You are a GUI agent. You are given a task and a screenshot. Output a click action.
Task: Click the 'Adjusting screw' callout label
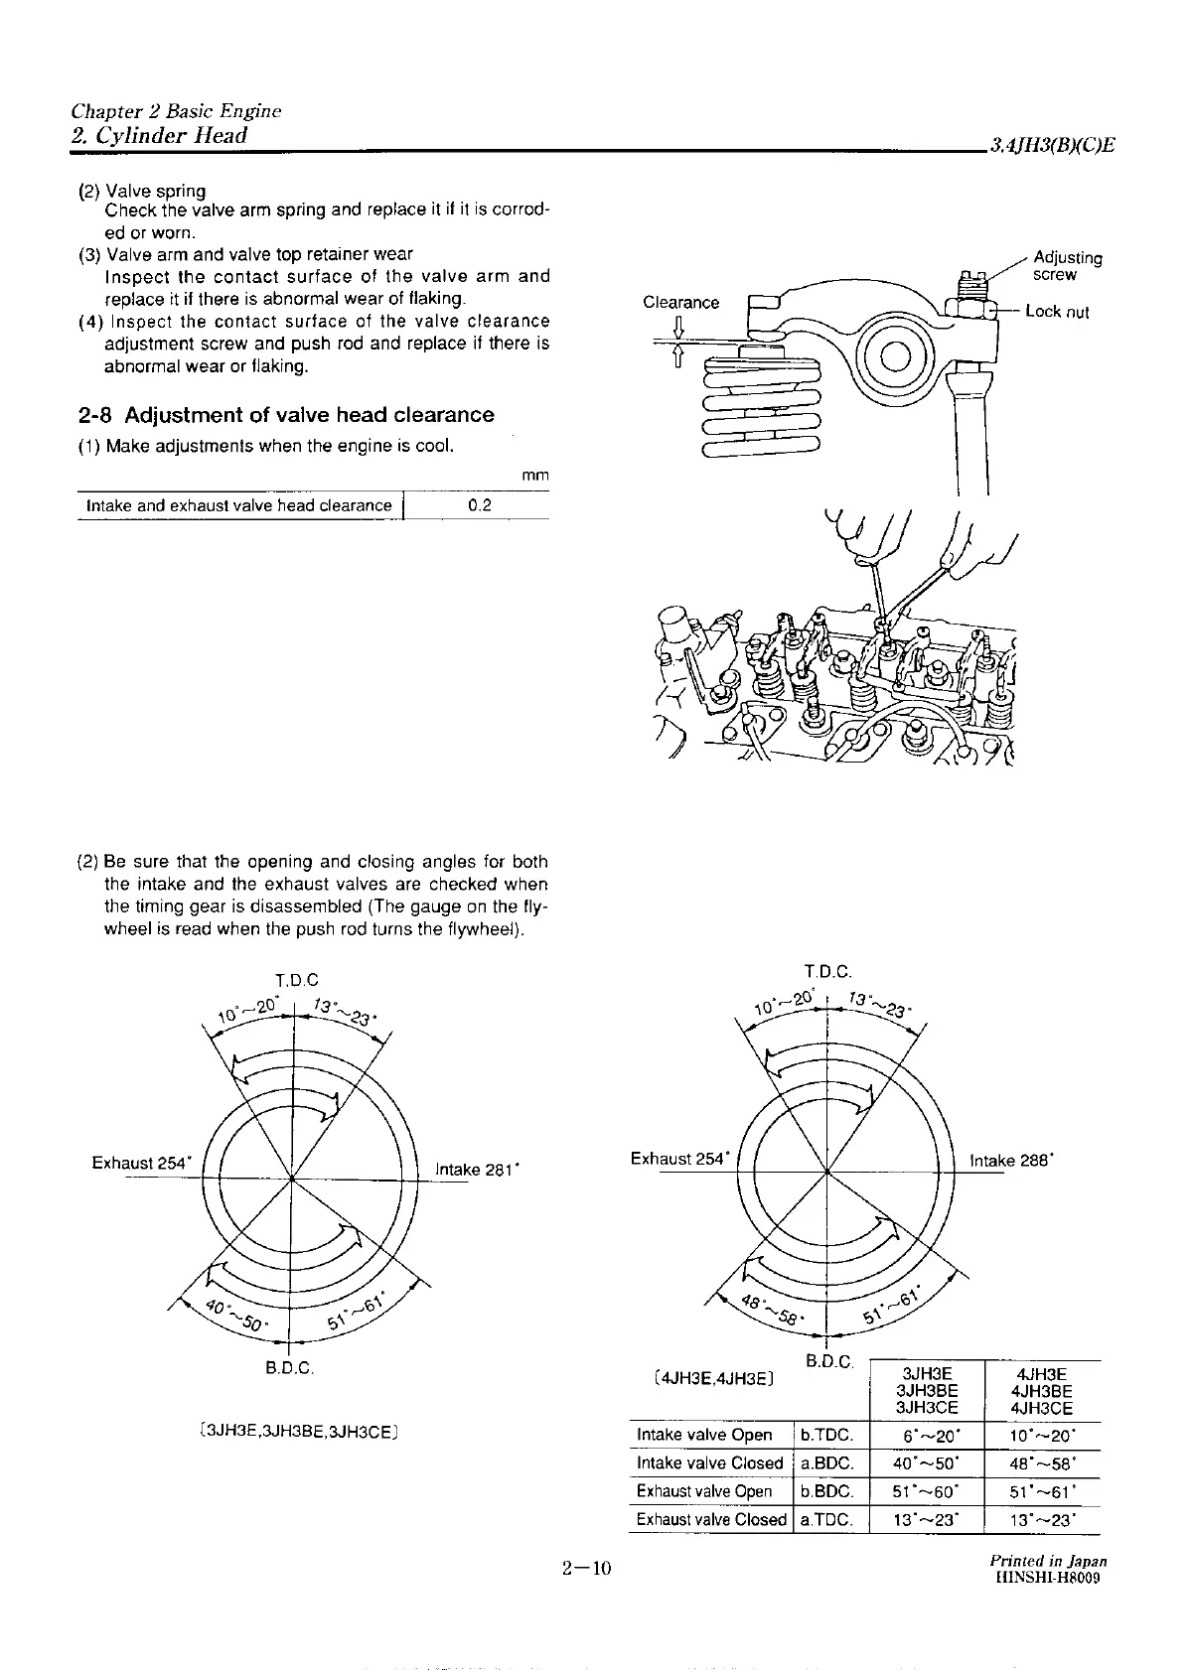1067,266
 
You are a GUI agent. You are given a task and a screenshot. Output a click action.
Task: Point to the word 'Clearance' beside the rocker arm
680,302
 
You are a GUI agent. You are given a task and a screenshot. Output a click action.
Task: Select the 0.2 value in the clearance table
479,505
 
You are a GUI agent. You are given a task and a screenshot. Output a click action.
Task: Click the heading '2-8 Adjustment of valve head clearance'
285,415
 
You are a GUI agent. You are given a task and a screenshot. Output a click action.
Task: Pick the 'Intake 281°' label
472,1170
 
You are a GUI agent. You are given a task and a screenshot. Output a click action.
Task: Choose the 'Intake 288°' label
1009,1160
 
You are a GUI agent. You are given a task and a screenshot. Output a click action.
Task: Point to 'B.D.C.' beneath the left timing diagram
289,1368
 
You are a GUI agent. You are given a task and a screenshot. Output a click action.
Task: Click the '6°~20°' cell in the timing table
925,1435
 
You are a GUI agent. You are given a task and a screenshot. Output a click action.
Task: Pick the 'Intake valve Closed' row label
709,1462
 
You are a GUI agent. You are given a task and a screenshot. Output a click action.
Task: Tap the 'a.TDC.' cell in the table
827,1519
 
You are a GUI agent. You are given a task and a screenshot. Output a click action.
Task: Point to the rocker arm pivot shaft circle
892,353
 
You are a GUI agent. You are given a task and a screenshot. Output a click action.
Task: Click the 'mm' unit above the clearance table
534,477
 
